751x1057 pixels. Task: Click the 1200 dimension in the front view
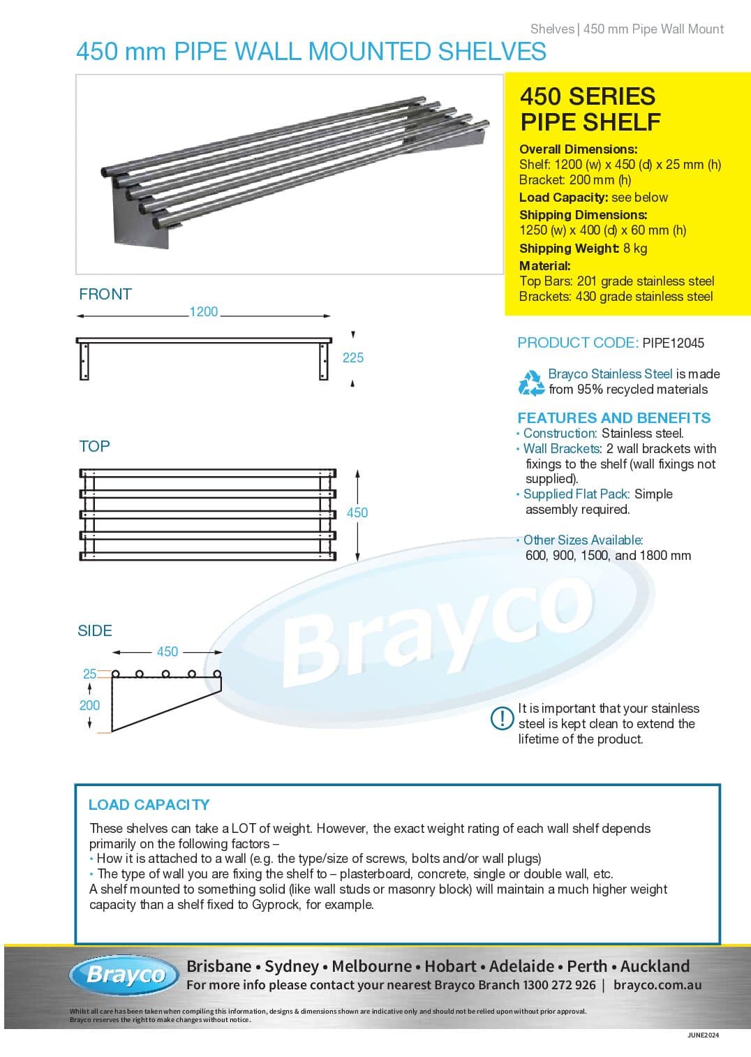click(x=203, y=312)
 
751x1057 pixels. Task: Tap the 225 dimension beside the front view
click(x=352, y=357)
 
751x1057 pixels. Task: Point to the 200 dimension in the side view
click(x=89, y=705)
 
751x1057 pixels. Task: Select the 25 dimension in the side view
click(x=89, y=674)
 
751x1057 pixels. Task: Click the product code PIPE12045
click(x=673, y=343)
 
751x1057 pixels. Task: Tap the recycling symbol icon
click(x=531, y=383)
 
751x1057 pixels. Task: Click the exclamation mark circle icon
click(x=502, y=718)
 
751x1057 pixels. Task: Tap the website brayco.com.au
click(x=657, y=985)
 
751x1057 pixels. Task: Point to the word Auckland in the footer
click(x=655, y=966)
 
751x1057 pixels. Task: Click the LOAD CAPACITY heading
click(x=149, y=804)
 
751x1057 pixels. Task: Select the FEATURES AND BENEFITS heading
click(x=614, y=417)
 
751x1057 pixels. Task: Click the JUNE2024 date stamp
click(x=702, y=1035)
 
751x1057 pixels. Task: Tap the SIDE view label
click(x=95, y=630)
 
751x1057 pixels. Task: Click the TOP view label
click(x=94, y=446)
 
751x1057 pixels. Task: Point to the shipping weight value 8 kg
click(x=635, y=249)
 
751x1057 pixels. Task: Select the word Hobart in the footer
click(x=450, y=966)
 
